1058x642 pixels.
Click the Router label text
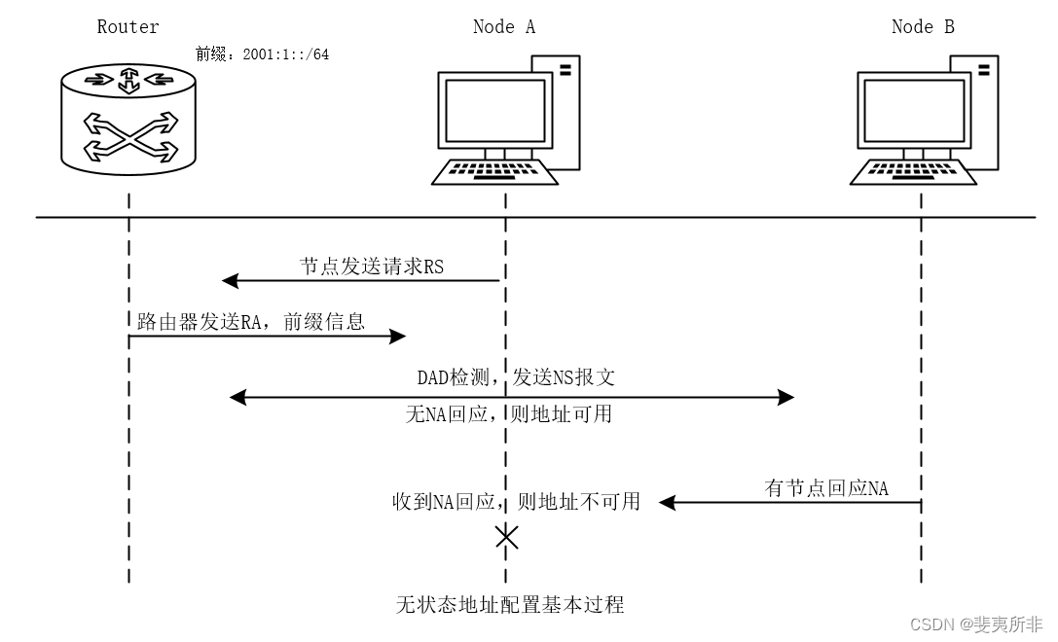point(128,27)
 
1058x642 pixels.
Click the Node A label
point(503,27)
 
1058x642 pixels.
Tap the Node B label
point(922,27)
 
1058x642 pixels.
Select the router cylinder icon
point(128,115)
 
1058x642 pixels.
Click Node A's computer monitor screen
point(493,110)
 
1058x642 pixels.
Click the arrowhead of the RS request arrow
point(230,282)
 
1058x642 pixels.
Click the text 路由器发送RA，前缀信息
point(244,322)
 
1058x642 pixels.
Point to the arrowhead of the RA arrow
point(399,337)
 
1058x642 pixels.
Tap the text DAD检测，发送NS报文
point(516,377)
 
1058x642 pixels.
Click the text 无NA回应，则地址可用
point(508,414)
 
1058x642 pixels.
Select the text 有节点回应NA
point(826,488)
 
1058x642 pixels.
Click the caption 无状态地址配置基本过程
point(509,605)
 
